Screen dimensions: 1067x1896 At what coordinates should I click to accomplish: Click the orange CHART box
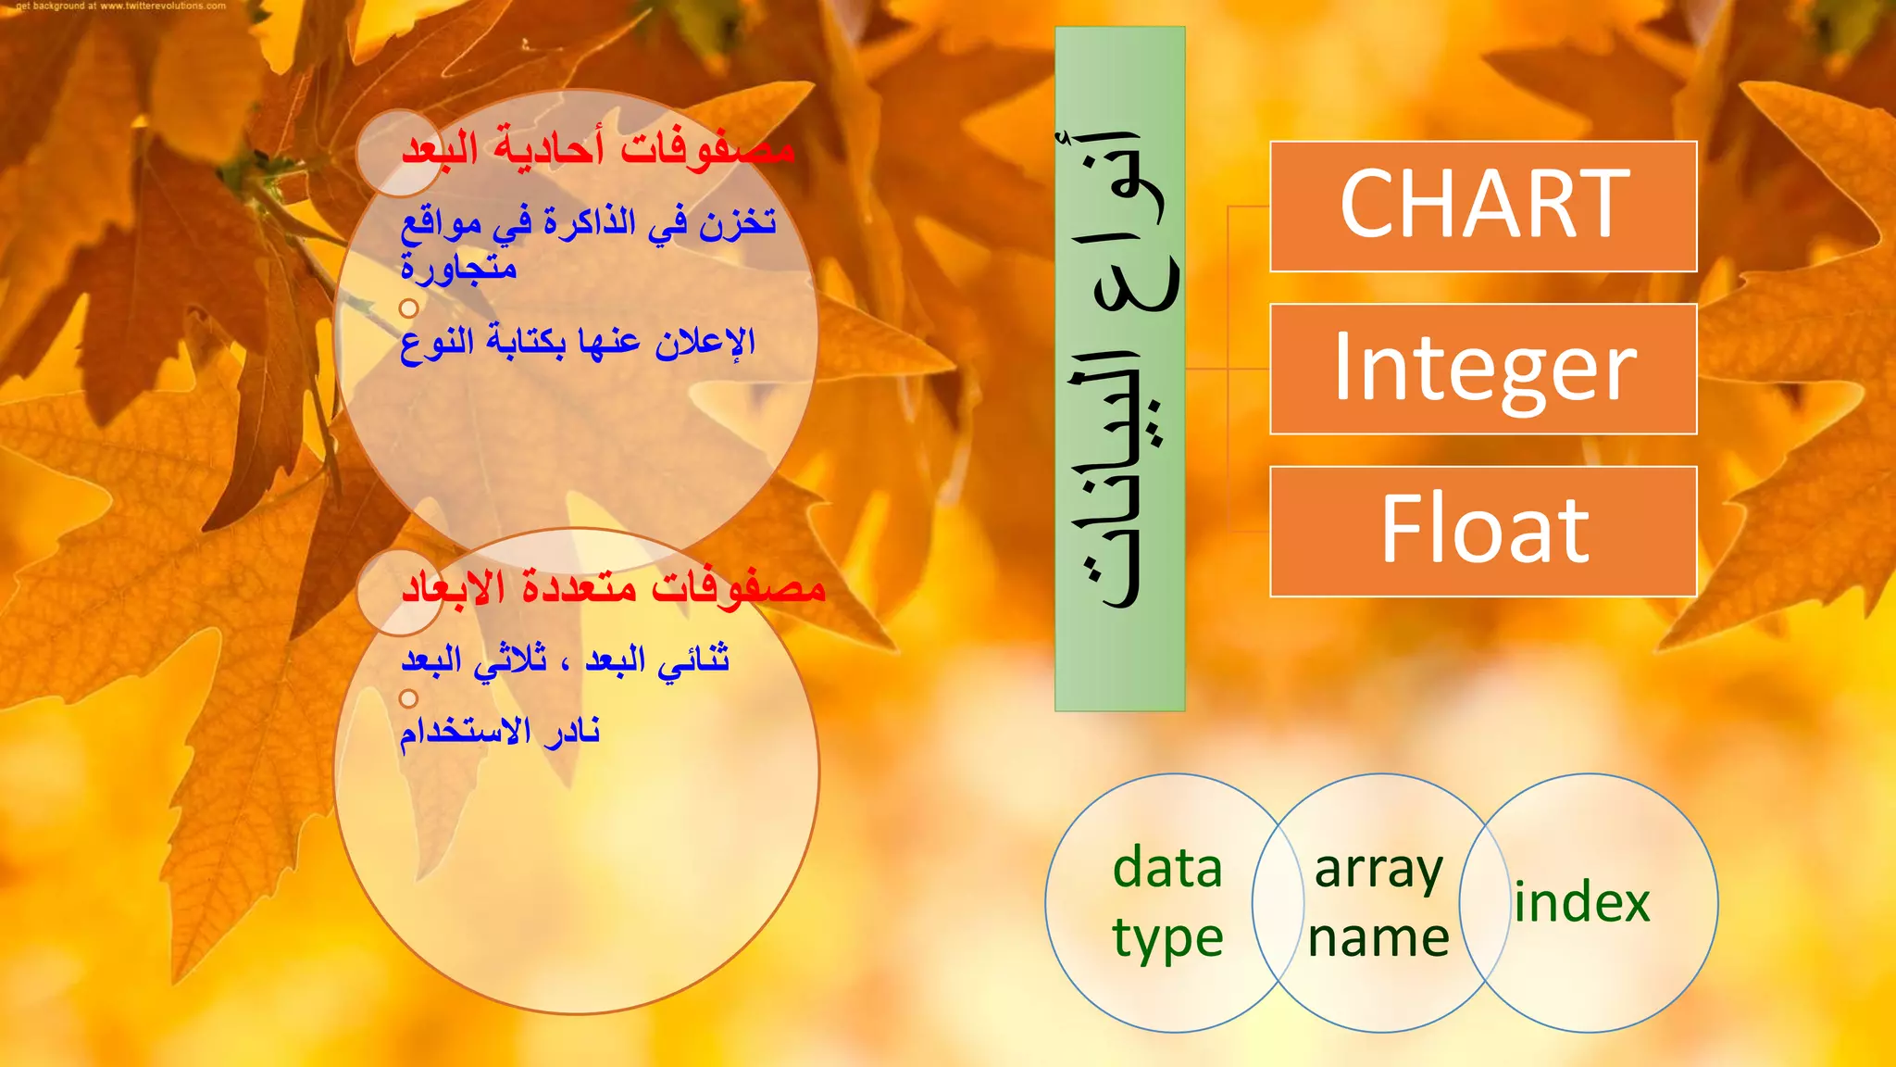[1483, 206]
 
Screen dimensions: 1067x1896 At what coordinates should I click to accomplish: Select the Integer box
[1483, 369]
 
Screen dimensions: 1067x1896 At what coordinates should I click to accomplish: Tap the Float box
[1483, 531]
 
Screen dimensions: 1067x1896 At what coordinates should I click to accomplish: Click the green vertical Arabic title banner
[1119, 369]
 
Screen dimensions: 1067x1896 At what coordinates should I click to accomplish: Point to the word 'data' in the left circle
[1167, 868]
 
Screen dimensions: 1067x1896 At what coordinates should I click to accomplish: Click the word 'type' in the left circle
[1167, 939]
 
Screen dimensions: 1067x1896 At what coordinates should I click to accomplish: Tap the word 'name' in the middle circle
[1378, 937]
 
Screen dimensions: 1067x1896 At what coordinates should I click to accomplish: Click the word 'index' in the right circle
[1582, 902]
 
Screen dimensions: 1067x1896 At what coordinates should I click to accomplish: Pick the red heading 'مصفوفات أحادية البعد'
[597, 148]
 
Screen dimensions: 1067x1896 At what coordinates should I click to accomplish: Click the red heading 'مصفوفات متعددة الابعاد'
[613, 587]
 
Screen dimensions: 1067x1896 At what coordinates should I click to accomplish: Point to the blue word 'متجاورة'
[459, 269]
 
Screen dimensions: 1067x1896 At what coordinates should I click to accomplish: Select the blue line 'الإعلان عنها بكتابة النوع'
[578, 343]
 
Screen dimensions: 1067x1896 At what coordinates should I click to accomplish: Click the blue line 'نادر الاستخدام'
[500, 732]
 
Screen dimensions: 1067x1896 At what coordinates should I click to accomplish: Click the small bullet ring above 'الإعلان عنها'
[408, 308]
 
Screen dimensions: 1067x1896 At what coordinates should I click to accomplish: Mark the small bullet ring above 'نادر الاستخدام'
[408, 698]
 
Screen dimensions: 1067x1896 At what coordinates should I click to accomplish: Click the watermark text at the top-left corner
[120, 6]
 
